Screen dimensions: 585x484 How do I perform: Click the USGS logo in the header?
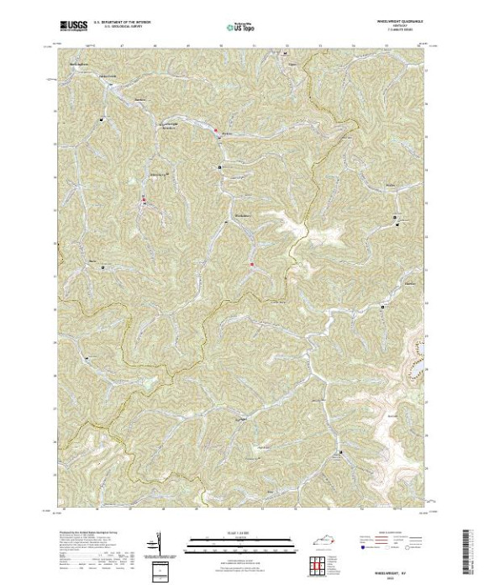pyautogui.click(x=71, y=25)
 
